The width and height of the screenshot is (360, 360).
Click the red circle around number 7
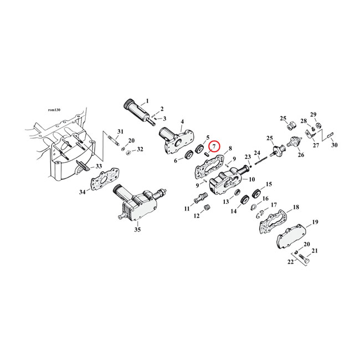click(214, 146)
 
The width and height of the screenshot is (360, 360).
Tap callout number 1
click(147, 101)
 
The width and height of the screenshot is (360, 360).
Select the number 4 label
click(182, 121)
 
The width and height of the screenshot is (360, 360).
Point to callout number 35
click(137, 229)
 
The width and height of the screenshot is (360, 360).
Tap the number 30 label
click(334, 145)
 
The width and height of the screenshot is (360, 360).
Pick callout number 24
click(256, 153)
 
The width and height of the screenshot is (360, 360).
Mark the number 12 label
click(197, 216)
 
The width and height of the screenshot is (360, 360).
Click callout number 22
click(290, 263)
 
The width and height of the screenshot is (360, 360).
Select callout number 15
click(269, 184)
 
